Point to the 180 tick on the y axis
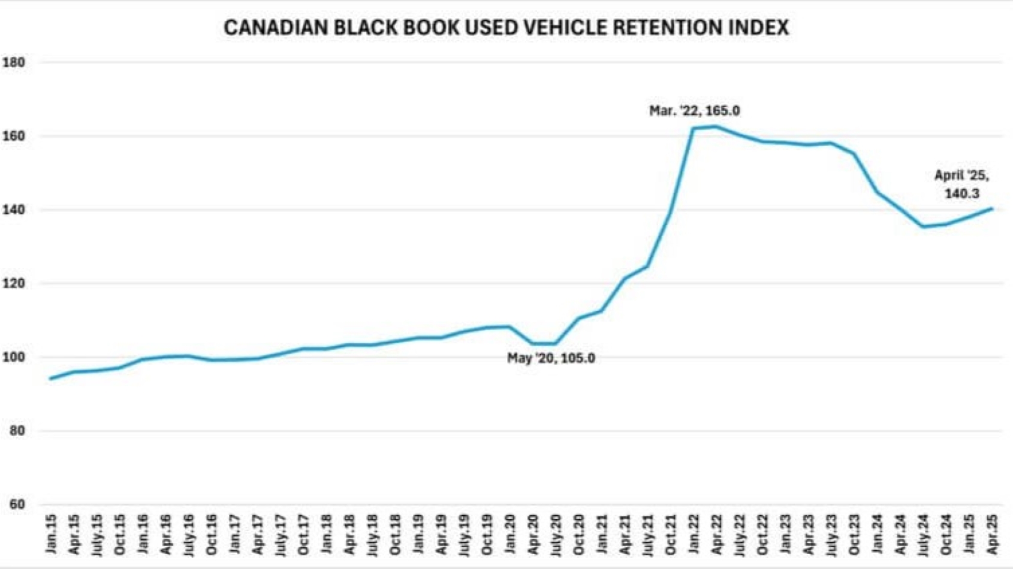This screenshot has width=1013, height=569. tap(14, 62)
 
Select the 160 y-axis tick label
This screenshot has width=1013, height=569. tap(14, 136)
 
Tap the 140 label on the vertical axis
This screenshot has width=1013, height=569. tap(14, 210)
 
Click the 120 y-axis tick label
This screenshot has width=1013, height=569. tap(14, 283)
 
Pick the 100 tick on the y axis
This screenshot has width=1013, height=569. tap(14, 357)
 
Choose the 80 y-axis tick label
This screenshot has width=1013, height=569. tap(17, 431)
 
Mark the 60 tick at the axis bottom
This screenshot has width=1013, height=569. tap(17, 504)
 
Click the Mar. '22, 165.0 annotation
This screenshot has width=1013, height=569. tap(694, 111)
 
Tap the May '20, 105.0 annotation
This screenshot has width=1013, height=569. tap(551, 358)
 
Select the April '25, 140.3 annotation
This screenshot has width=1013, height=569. tap(961, 184)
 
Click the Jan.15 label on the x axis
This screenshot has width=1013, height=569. tap(52, 533)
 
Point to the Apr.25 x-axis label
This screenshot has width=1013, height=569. tap(993, 533)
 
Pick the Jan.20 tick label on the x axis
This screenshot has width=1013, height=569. tap(510, 533)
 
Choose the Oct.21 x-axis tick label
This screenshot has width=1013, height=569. tap(671, 533)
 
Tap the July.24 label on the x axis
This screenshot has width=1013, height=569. tap(924, 533)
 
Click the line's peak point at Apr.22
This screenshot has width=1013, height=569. tap(716, 126)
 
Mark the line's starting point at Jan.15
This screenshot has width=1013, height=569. tap(50, 379)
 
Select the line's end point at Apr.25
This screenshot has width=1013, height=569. tap(992, 209)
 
